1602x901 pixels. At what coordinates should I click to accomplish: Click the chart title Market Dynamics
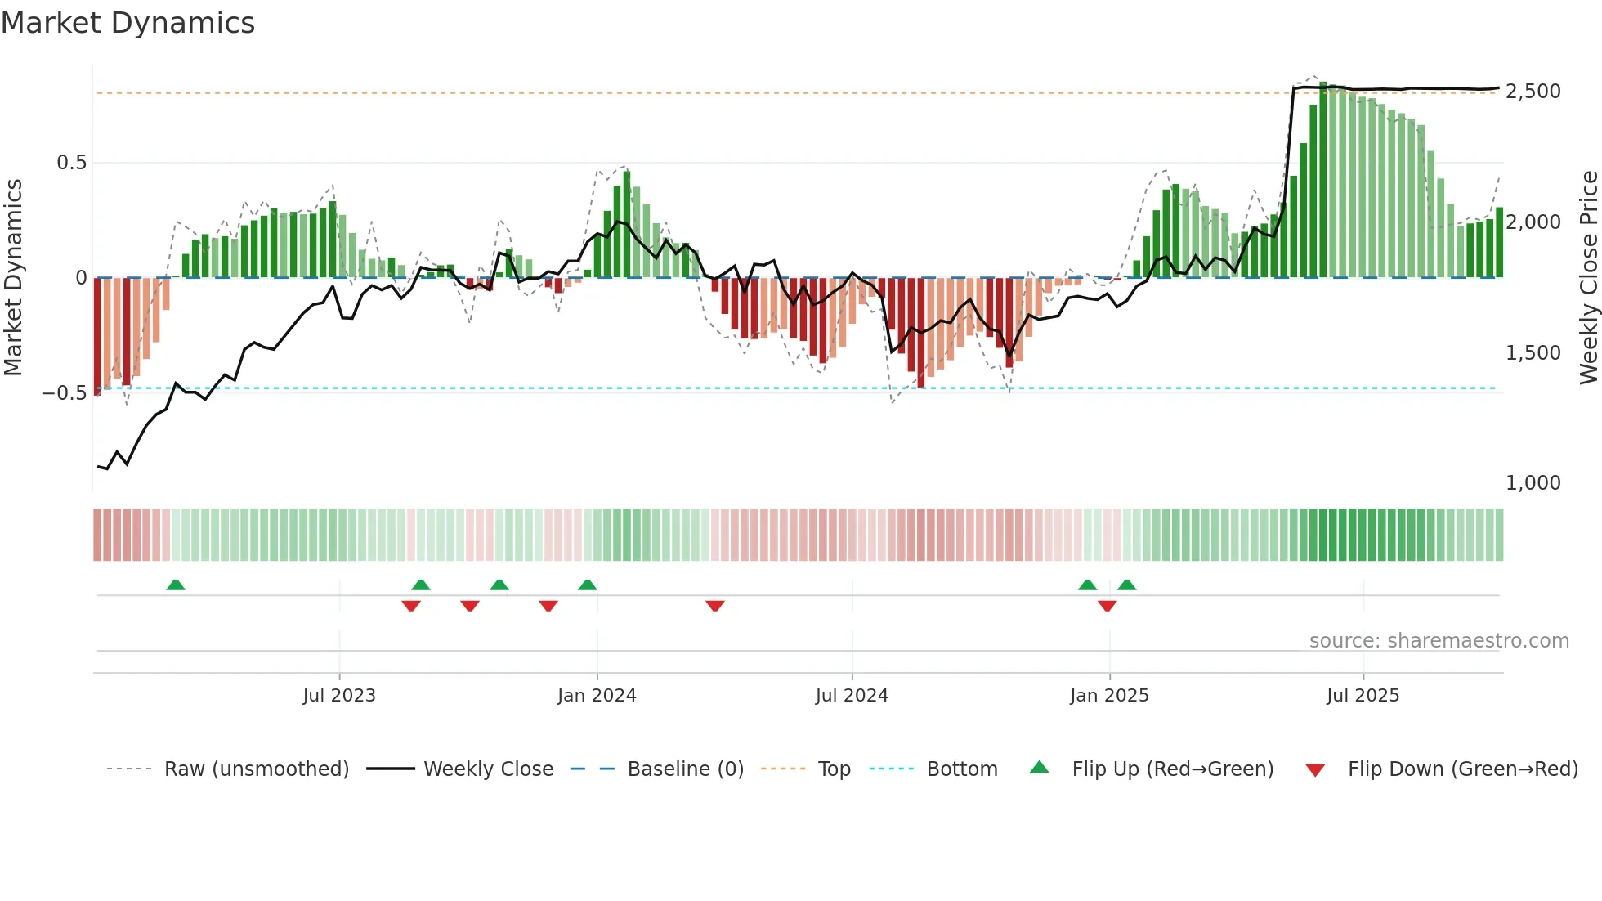[x=128, y=23]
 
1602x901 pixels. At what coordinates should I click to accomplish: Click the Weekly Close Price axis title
[x=1589, y=277]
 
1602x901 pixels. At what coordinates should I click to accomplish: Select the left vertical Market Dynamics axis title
[x=13, y=277]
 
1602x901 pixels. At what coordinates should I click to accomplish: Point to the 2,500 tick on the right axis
[x=1533, y=92]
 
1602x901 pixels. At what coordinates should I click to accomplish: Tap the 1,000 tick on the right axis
[x=1533, y=483]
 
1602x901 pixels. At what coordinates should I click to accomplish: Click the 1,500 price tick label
[x=1533, y=353]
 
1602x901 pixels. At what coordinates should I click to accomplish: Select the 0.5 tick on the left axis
[x=71, y=163]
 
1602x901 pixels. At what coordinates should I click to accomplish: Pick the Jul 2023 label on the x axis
[x=339, y=696]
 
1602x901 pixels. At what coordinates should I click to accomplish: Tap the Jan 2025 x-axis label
[x=1109, y=696]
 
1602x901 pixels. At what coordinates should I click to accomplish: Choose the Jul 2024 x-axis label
[x=852, y=696]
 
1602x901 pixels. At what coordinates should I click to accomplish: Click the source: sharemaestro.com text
[x=1439, y=641]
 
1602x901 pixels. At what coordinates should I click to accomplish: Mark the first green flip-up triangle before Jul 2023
[x=176, y=585]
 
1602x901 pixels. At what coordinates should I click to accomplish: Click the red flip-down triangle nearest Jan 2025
[x=1108, y=606]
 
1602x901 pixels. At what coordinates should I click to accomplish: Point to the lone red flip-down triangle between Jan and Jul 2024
[x=715, y=606]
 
